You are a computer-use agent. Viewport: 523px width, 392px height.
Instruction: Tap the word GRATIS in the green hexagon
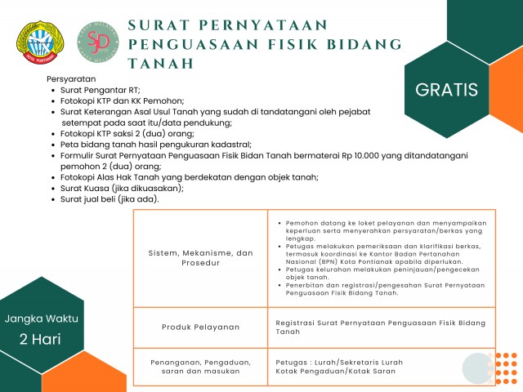[x=446, y=89]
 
